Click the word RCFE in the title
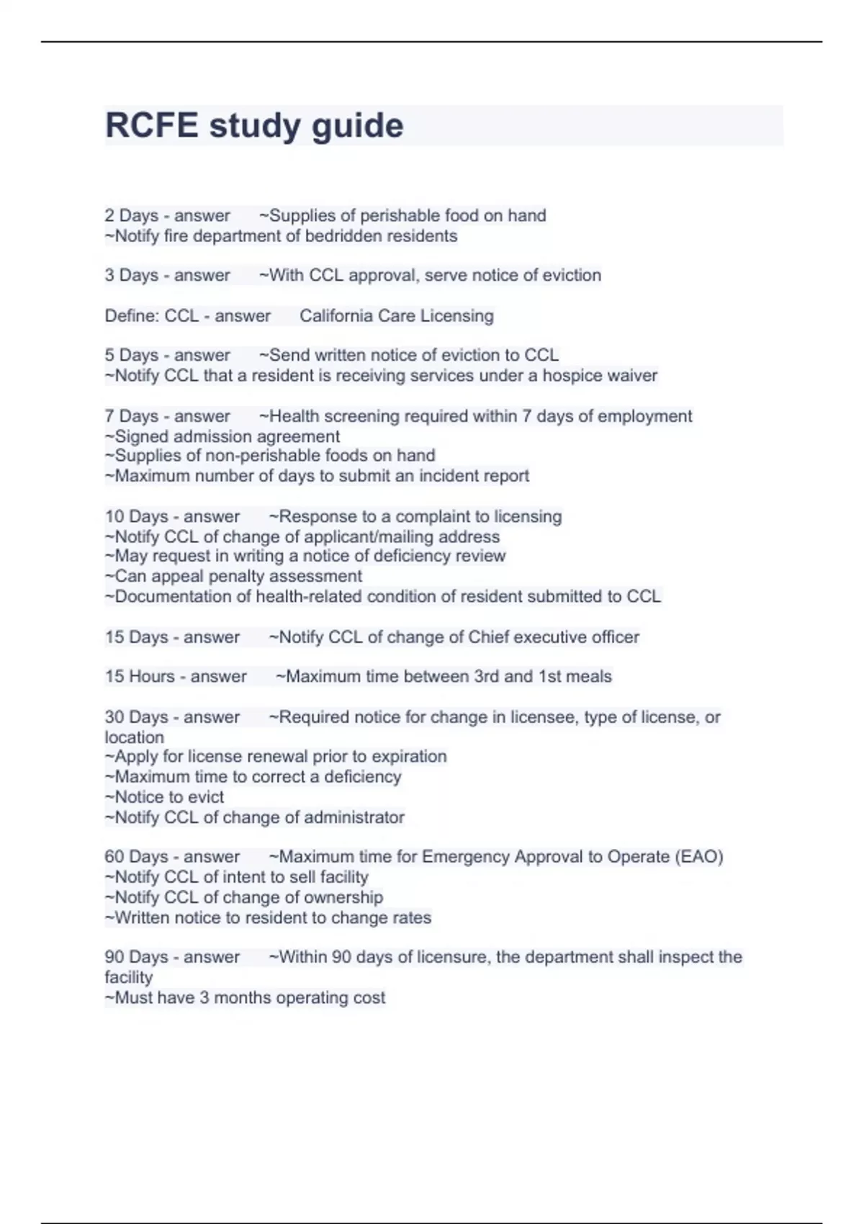152,125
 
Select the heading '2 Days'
132,215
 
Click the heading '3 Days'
132,275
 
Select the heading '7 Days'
132,416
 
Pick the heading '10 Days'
136,516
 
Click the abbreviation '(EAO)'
698,857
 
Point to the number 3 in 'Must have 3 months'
204,998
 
